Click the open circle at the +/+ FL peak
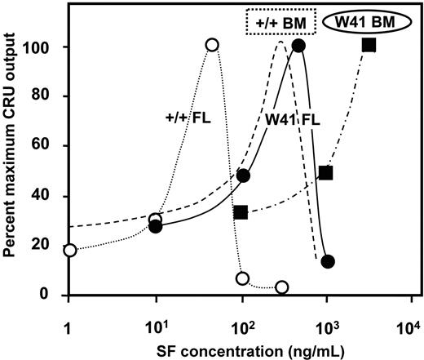213,45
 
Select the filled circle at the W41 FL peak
298,46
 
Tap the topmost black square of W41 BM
369,45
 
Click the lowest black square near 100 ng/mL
240,212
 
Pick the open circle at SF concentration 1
69,250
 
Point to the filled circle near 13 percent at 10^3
328,261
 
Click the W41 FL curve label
290,120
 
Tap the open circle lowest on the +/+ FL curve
282,287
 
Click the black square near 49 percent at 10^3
325,172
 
